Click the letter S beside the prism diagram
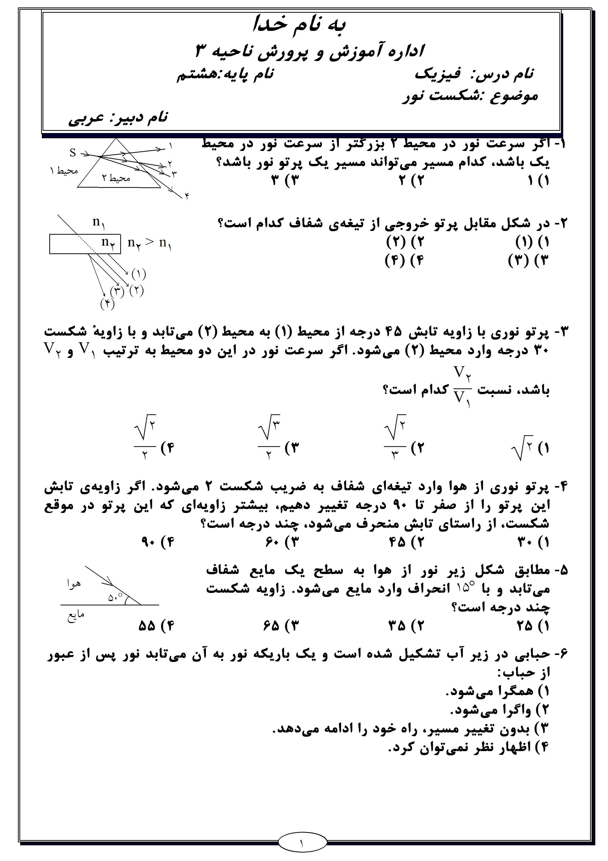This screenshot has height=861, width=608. pos(73,153)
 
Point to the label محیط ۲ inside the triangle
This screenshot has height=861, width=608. pos(116,178)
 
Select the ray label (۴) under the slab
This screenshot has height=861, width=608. pos(107,303)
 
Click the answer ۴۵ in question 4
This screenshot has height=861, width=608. pos(397,542)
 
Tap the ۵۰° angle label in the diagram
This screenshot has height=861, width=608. pos(115,597)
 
